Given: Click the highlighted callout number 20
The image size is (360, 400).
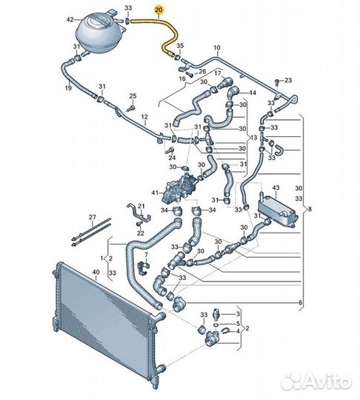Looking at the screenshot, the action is point(159,10).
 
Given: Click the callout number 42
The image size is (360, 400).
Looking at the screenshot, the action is point(70,19).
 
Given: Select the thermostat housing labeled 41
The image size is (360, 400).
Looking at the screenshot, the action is point(180,189).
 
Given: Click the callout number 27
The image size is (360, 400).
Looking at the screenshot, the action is point(93,217).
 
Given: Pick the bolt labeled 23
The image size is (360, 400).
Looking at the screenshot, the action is point(277,83).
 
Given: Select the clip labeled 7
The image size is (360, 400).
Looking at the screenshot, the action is point(144,268).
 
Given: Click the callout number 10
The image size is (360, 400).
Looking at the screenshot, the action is point(217,47).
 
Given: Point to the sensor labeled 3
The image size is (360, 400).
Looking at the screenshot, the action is point(216,313).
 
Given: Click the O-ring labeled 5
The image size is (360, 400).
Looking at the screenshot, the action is point(216,324).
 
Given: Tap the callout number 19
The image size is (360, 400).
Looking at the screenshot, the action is point(68,88).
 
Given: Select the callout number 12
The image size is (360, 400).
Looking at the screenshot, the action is point(144,117).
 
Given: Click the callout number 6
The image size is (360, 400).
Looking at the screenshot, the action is point(301,303).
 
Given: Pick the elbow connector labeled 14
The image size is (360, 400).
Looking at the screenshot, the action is point(233,92).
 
